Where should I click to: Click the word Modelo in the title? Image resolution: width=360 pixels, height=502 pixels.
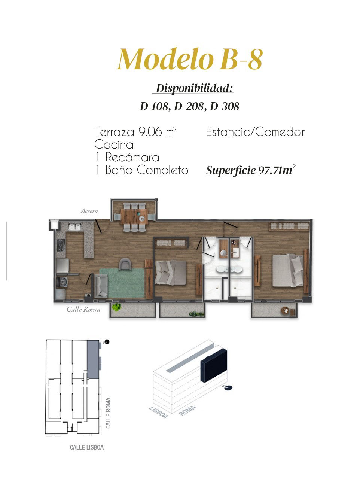(x=165, y=59)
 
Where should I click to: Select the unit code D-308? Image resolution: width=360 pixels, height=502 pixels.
(x=225, y=106)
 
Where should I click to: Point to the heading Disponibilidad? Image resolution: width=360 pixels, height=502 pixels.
(x=193, y=88)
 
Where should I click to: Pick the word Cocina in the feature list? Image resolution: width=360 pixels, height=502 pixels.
(x=114, y=144)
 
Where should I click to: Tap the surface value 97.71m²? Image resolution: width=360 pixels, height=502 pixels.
(x=277, y=170)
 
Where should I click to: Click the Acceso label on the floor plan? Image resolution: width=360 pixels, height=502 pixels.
(x=89, y=211)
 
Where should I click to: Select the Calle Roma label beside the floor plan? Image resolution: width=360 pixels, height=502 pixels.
(x=83, y=310)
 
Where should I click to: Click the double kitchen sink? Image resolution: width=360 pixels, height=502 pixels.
(x=75, y=226)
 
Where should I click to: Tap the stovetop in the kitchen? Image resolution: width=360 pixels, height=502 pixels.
(x=61, y=245)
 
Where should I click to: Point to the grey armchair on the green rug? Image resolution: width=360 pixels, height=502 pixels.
(x=125, y=264)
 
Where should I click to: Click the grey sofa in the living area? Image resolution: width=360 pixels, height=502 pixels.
(x=101, y=286)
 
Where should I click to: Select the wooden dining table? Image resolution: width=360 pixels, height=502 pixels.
(x=134, y=216)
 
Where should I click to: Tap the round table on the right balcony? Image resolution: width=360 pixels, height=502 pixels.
(x=286, y=310)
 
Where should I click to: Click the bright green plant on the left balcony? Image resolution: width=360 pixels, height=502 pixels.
(x=116, y=307)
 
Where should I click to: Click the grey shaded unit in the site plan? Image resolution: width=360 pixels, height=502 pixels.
(x=93, y=359)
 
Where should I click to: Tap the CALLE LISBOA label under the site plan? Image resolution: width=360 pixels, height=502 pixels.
(x=87, y=452)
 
